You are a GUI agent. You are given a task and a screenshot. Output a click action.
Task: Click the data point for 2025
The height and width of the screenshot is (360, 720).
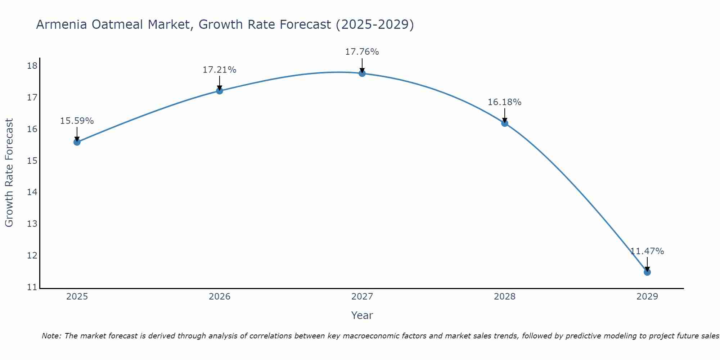click(x=77, y=142)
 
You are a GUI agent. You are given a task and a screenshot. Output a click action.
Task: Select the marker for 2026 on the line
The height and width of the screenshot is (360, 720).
click(x=219, y=91)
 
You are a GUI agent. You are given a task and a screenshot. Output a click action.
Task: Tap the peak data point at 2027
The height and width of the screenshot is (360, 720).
click(x=362, y=73)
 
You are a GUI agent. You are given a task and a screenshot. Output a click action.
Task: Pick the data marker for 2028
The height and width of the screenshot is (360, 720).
click(x=505, y=123)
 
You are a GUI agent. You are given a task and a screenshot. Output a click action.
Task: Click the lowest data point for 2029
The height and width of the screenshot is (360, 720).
click(x=647, y=272)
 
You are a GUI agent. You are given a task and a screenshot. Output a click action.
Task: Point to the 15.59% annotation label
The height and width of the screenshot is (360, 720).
click(x=77, y=121)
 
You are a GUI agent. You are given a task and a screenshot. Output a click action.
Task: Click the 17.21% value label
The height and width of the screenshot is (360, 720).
click(x=219, y=70)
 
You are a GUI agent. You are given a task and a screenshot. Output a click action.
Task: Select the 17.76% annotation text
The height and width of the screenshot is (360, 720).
click(x=362, y=52)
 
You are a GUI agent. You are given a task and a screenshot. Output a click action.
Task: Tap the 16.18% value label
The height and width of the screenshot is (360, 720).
click(x=504, y=102)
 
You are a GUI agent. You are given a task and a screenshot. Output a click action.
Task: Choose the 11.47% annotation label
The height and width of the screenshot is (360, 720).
click(x=647, y=251)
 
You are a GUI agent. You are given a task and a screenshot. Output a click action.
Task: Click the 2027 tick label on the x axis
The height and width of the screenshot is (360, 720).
click(x=362, y=297)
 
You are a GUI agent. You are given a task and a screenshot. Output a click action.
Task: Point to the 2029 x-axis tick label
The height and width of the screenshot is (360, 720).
click(x=647, y=297)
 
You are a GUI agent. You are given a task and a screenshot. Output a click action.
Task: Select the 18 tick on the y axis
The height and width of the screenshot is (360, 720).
click(x=32, y=66)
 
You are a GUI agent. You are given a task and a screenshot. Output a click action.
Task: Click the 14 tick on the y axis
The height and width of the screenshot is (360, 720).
click(x=32, y=192)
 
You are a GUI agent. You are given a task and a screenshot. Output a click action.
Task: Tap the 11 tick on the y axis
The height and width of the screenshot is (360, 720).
click(x=32, y=287)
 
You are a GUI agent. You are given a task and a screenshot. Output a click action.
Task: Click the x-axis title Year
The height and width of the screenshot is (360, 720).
click(x=362, y=315)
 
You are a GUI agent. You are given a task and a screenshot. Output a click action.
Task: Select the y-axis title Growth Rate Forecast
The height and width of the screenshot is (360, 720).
click(x=9, y=173)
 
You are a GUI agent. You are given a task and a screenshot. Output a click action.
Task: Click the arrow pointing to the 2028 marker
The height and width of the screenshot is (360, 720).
click(x=505, y=115)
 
